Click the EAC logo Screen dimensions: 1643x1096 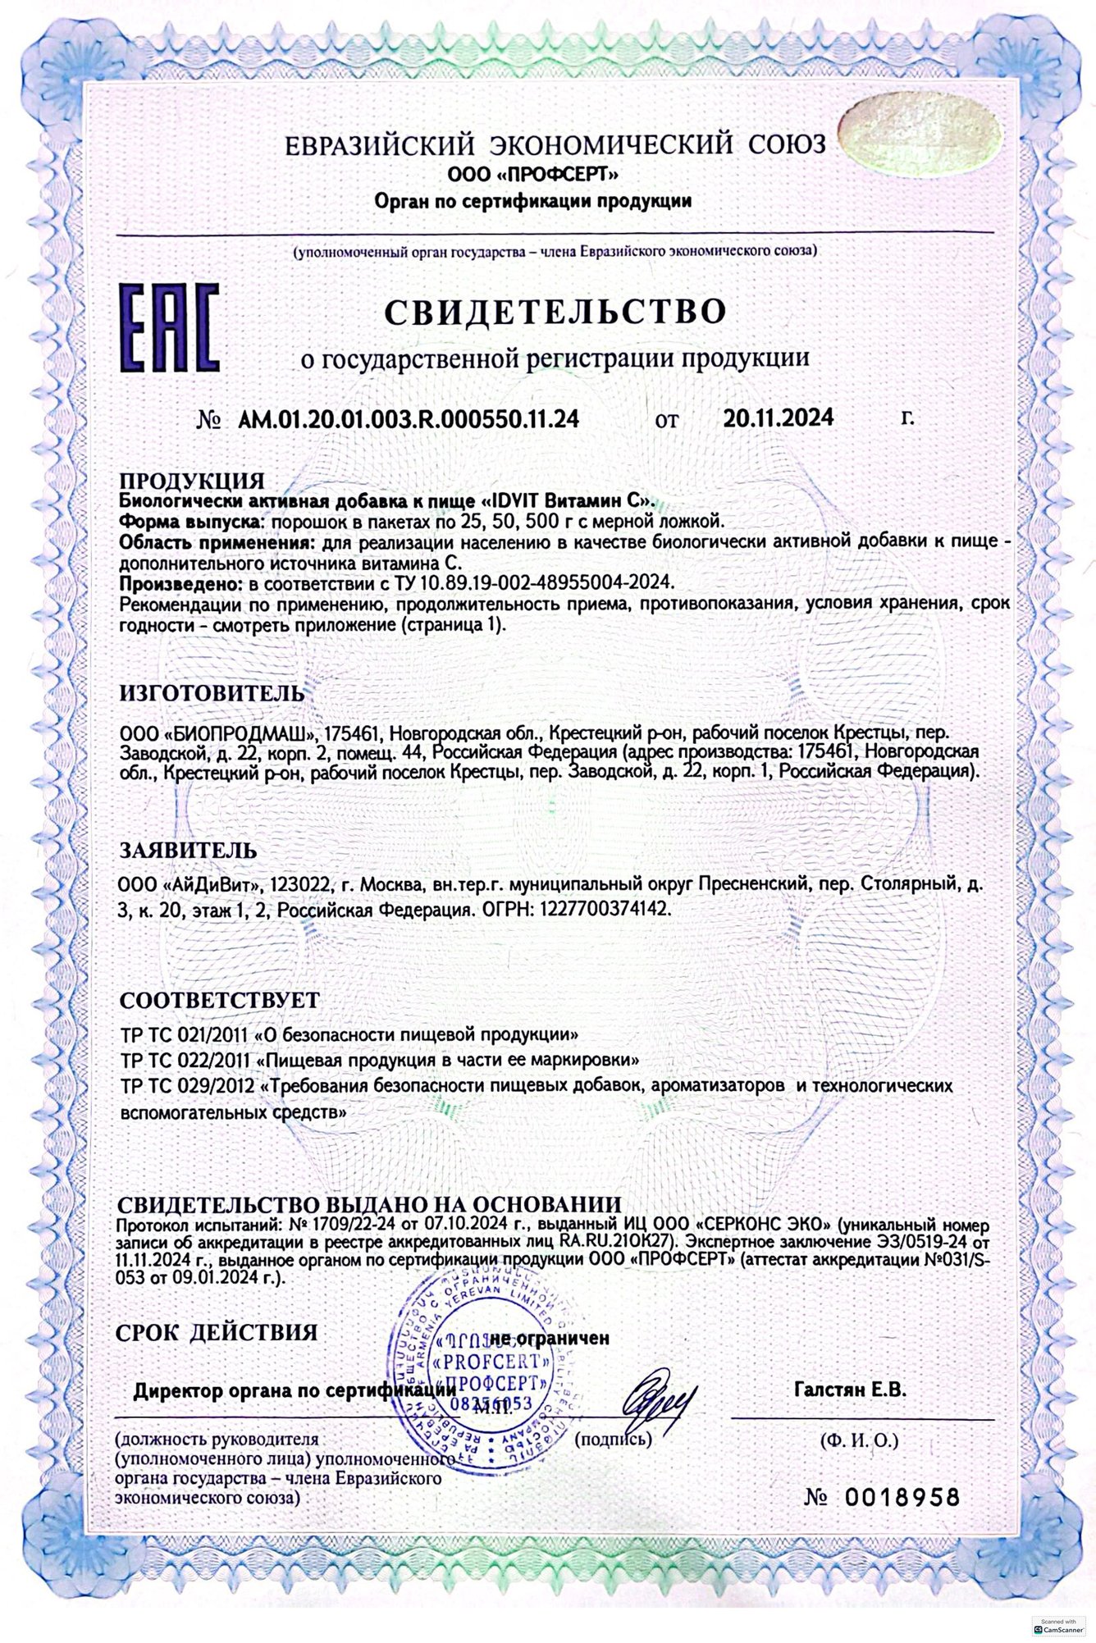click(x=169, y=326)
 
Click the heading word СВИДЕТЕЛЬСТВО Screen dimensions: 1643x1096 click(x=555, y=312)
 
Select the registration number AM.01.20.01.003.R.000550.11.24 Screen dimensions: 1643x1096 click(x=409, y=419)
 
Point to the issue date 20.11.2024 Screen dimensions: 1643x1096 click(x=779, y=418)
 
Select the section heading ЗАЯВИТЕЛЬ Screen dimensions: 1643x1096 click(x=188, y=850)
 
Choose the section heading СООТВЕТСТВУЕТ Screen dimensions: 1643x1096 click(x=219, y=1001)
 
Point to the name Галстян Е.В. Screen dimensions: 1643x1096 click(x=850, y=1390)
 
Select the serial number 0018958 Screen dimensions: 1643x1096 click(x=902, y=1497)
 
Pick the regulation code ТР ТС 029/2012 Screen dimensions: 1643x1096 click(x=186, y=1086)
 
